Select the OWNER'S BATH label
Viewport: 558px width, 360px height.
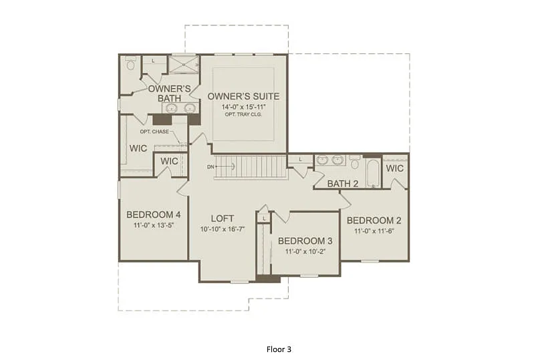[x=170, y=94]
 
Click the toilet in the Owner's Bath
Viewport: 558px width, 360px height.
[x=130, y=64]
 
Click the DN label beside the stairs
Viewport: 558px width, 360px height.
[x=211, y=166]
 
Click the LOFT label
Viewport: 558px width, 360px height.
[x=222, y=218]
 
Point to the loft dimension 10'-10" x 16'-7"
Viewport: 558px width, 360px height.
[x=222, y=229]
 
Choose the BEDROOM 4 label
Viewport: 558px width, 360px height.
[x=154, y=214]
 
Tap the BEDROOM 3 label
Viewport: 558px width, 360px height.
[x=305, y=240]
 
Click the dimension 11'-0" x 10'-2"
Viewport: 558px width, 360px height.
[x=305, y=251]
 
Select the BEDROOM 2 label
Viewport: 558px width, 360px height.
[x=374, y=220]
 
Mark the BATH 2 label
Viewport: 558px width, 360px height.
[x=342, y=184]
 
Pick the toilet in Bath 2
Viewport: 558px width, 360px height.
[x=355, y=162]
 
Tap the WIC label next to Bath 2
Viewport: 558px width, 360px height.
[x=395, y=168]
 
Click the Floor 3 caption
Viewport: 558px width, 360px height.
[x=279, y=349]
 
